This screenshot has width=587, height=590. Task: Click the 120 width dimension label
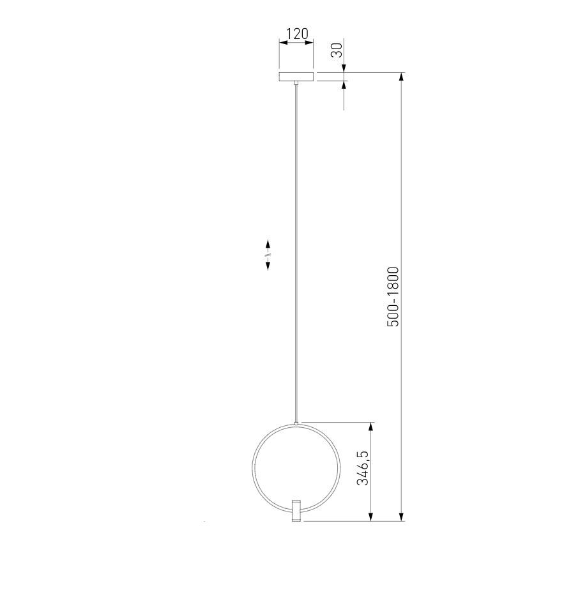click(x=297, y=33)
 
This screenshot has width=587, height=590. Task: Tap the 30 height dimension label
click(x=337, y=50)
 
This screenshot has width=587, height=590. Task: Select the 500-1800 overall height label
click(x=393, y=296)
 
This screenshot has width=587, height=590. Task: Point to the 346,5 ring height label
click(x=363, y=467)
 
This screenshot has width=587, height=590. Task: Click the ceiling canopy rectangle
click(x=296, y=77)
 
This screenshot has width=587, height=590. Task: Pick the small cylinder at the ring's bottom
click(x=296, y=511)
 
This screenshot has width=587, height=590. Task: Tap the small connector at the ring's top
click(x=296, y=423)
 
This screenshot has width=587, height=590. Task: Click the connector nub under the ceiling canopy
click(x=296, y=83)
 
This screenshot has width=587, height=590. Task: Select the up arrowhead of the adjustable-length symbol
click(x=268, y=244)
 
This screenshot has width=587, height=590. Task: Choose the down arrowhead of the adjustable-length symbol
click(x=268, y=266)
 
